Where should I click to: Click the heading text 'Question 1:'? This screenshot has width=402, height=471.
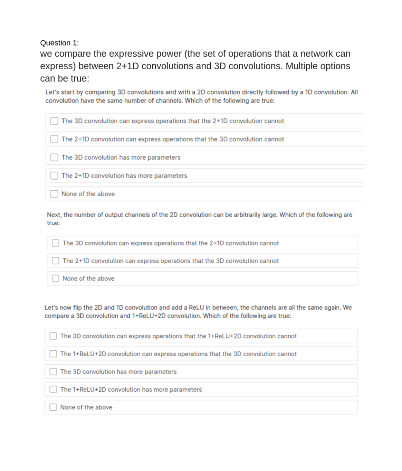(59, 43)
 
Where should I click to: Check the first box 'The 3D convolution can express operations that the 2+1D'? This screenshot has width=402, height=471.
(54, 121)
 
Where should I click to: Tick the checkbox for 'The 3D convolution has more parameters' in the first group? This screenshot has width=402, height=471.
(54, 157)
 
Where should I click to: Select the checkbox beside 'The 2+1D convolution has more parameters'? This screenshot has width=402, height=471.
(54, 176)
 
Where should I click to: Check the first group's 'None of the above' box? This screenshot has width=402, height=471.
(54, 194)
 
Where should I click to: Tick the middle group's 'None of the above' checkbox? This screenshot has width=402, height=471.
(55, 278)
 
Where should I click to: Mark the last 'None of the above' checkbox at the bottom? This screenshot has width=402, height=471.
(53, 407)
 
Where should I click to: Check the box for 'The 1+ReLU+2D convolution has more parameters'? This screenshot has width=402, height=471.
(53, 389)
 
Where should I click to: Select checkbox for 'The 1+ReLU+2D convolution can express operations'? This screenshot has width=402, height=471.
(53, 354)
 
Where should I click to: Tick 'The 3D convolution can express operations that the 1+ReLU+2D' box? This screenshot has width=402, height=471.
(53, 336)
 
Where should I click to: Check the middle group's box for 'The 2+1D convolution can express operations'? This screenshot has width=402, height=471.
(55, 261)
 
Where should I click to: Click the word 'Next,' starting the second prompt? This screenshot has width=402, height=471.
(54, 215)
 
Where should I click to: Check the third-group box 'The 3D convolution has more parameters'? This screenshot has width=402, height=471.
(53, 372)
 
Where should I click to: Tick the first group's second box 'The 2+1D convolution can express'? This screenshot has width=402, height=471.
(54, 139)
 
